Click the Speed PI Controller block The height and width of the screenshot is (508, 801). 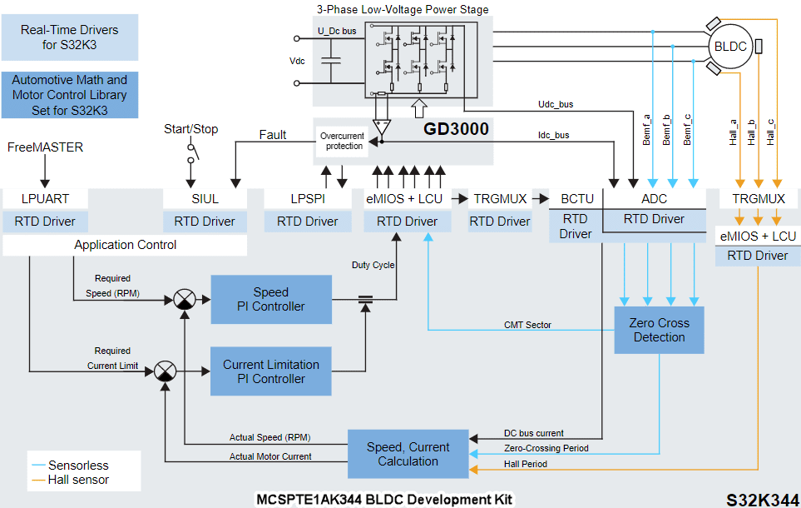coord(270,299)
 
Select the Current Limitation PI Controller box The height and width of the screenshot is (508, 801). coord(270,371)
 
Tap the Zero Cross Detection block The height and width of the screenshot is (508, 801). coord(658,330)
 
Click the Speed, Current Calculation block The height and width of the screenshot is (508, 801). coord(408,454)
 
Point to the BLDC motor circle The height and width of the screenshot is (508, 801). coord(730,46)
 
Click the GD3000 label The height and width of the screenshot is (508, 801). coord(456,129)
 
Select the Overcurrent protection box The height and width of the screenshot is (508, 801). coord(342,141)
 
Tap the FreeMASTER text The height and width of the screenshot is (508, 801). coord(46,147)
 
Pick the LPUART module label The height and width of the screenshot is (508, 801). coord(46,199)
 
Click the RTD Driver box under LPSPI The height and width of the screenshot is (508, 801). coord(308,222)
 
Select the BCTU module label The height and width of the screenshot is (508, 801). coord(577,199)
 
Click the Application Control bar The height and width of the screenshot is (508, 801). coord(125,245)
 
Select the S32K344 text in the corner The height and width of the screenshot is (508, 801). coord(762,499)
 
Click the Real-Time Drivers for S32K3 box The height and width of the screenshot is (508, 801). coord(70,37)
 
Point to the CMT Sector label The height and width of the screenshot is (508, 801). coord(527,325)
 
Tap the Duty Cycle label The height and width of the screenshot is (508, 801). coord(372,265)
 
